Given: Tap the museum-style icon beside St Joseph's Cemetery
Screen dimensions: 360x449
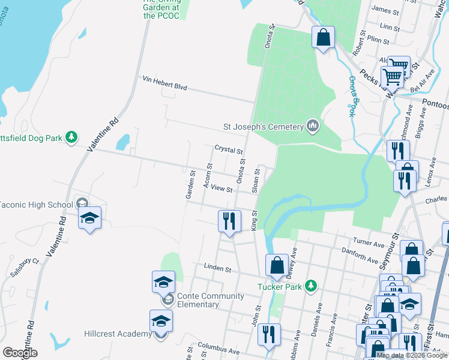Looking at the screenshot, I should tap(312, 126).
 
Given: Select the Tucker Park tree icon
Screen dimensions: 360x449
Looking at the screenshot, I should tap(310, 286).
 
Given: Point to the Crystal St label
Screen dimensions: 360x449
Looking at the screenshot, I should tap(229, 149).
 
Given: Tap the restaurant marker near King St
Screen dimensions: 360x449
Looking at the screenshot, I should tap(229, 221).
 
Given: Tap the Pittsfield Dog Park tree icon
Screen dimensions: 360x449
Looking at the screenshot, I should tap(71, 138).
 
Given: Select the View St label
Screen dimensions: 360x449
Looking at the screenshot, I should tap(221, 189).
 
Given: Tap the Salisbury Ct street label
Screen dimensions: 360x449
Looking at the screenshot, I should tap(24, 268).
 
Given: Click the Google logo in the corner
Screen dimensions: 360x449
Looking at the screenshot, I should tap(20, 353).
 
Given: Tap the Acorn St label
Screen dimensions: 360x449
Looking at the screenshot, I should tap(209, 176).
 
